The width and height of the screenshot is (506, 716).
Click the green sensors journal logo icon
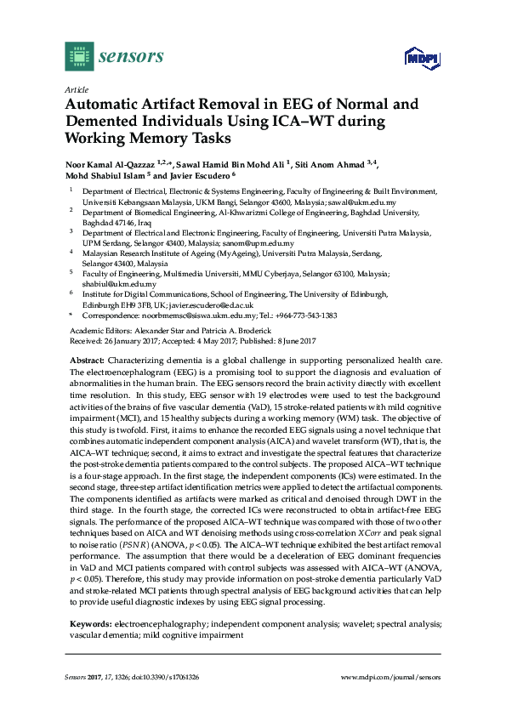pyautogui.click(x=79, y=57)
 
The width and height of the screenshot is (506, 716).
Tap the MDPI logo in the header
pyautogui.click(x=416, y=60)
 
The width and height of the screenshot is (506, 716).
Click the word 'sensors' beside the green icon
pyautogui.click(x=132, y=57)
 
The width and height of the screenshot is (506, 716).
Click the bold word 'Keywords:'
pyautogui.click(x=89, y=623)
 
